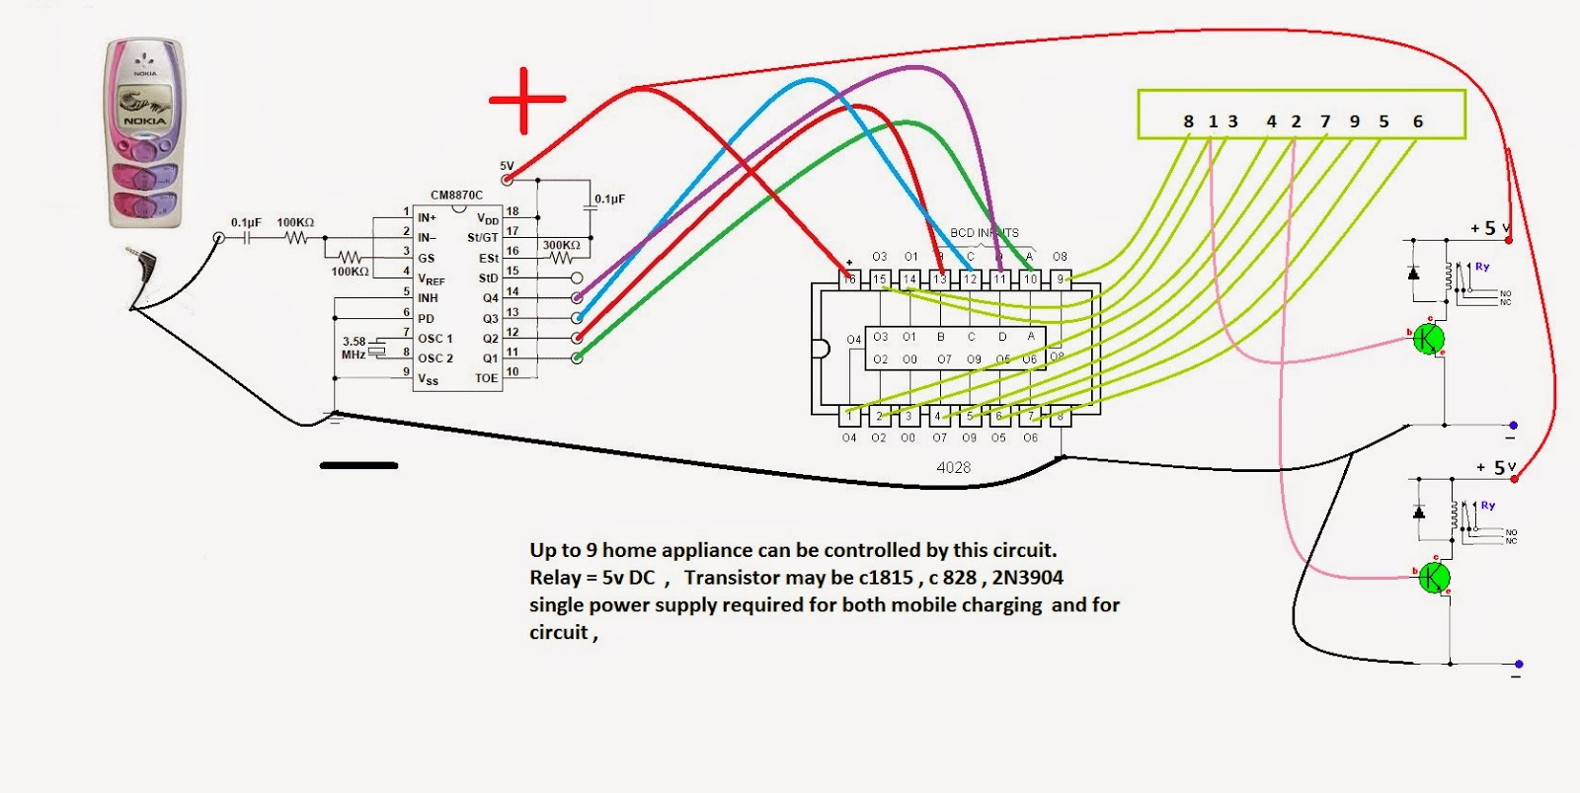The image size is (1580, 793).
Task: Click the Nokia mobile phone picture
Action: pyautogui.click(x=145, y=132)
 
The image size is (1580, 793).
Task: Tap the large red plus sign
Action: pyautogui.click(x=526, y=100)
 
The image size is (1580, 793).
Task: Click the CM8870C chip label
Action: pyautogui.click(x=456, y=196)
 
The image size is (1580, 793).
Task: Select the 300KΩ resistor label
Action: pyautogui.click(x=561, y=245)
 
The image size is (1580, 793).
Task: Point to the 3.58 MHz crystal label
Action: pyautogui.click(x=354, y=348)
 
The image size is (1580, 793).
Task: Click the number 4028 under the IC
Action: pyautogui.click(x=953, y=467)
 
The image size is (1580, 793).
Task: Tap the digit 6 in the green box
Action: pyautogui.click(x=1417, y=121)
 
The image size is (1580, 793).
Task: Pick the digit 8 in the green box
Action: pyautogui.click(x=1188, y=121)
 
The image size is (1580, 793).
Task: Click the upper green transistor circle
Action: pyautogui.click(x=1428, y=339)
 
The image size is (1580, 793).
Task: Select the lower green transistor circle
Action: pyautogui.click(x=1433, y=578)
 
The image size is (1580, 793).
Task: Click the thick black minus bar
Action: pyautogui.click(x=358, y=465)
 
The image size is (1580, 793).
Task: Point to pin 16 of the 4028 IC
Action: pyautogui.click(x=849, y=279)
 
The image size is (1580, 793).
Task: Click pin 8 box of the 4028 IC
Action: pyautogui.click(x=1060, y=417)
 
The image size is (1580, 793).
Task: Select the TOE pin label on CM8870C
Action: pyautogui.click(x=486, y=378)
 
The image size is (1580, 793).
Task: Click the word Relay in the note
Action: pyautogui.click(x=555, y=578)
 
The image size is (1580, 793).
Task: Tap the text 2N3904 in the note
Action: pyautogui.click(x=1027, y=578)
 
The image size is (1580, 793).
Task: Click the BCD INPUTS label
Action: pyautogui.click(x=984, y=233)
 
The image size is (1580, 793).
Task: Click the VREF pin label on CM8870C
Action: pyautogui.click(x=431, y=279)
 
